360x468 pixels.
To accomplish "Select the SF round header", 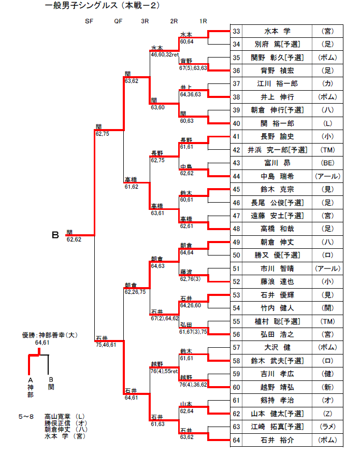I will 89,21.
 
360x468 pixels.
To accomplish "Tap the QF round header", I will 118,21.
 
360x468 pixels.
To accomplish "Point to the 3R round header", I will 145,21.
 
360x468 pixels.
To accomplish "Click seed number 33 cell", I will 236,31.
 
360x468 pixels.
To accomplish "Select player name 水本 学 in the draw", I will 277,31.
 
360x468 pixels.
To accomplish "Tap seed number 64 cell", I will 236,441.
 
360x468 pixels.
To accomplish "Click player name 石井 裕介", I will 277,441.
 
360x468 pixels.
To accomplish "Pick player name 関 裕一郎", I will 277,123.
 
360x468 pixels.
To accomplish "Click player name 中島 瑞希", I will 277,176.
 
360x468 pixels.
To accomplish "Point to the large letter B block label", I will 55,236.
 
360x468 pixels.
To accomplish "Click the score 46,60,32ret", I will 165,54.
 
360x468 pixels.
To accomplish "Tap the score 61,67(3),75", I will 193,331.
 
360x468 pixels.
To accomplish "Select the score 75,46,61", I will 106,344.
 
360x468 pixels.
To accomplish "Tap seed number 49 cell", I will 236,242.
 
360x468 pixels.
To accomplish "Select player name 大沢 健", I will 277,347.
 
